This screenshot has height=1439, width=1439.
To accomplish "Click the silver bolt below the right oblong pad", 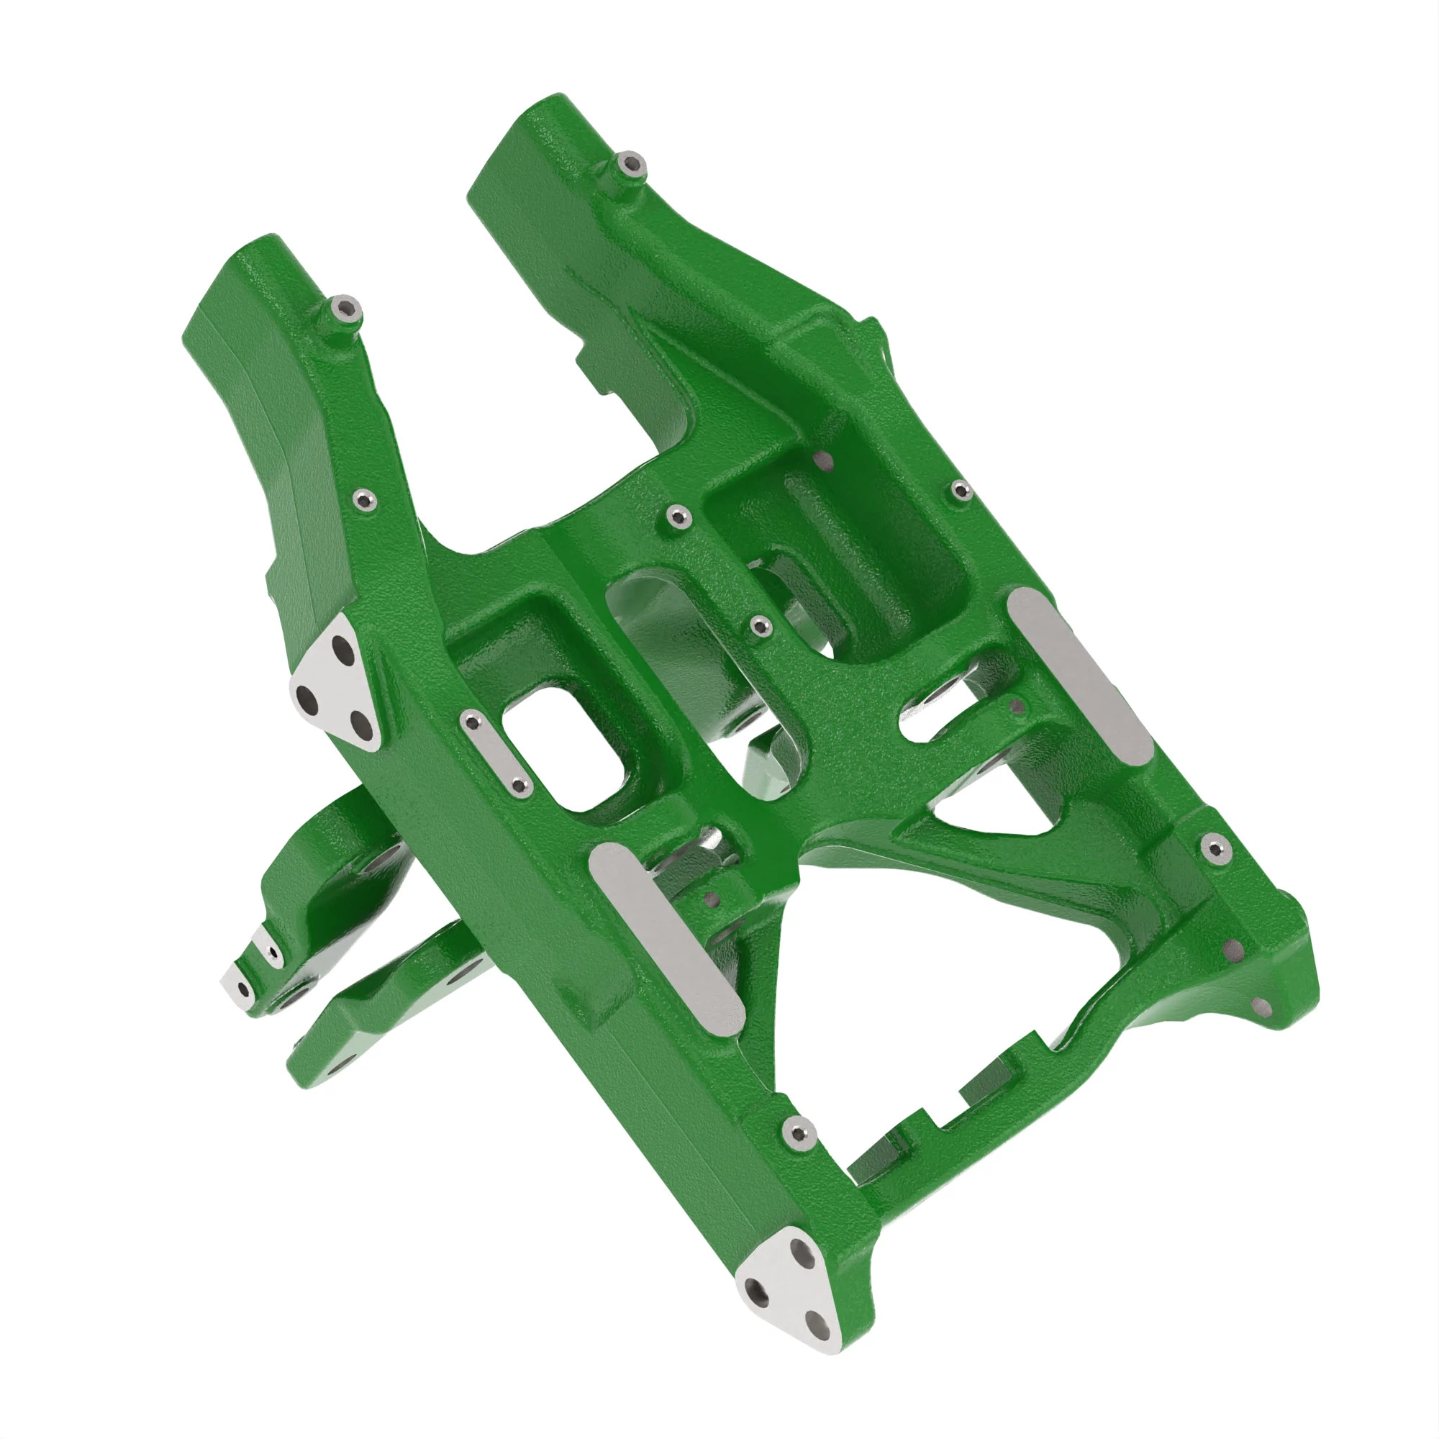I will point(1215,847).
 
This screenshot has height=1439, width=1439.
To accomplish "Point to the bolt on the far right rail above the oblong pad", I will point(961,489).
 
